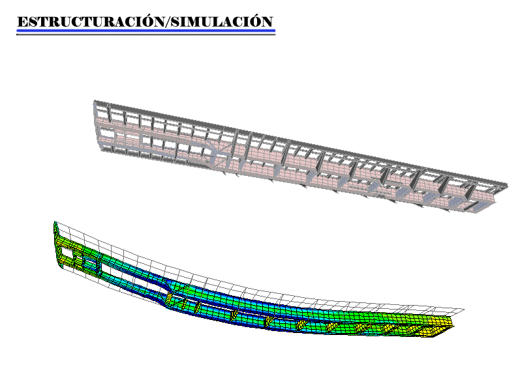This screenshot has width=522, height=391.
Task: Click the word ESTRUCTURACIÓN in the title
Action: click(x=91, y=22)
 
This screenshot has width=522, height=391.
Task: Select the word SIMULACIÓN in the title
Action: click(x=222, y=22)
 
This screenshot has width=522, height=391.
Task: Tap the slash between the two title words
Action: click(x=168, y=22)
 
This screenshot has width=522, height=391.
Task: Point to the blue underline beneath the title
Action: click(x=146, y=31)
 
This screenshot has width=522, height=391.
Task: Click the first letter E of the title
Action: click(x=23, y=22)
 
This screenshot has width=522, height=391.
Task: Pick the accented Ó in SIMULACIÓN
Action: click(x=254, y=21)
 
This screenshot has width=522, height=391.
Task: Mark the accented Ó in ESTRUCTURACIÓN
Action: click(x=146, y=21)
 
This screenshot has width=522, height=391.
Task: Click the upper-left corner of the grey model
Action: click(x=95, y=101)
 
